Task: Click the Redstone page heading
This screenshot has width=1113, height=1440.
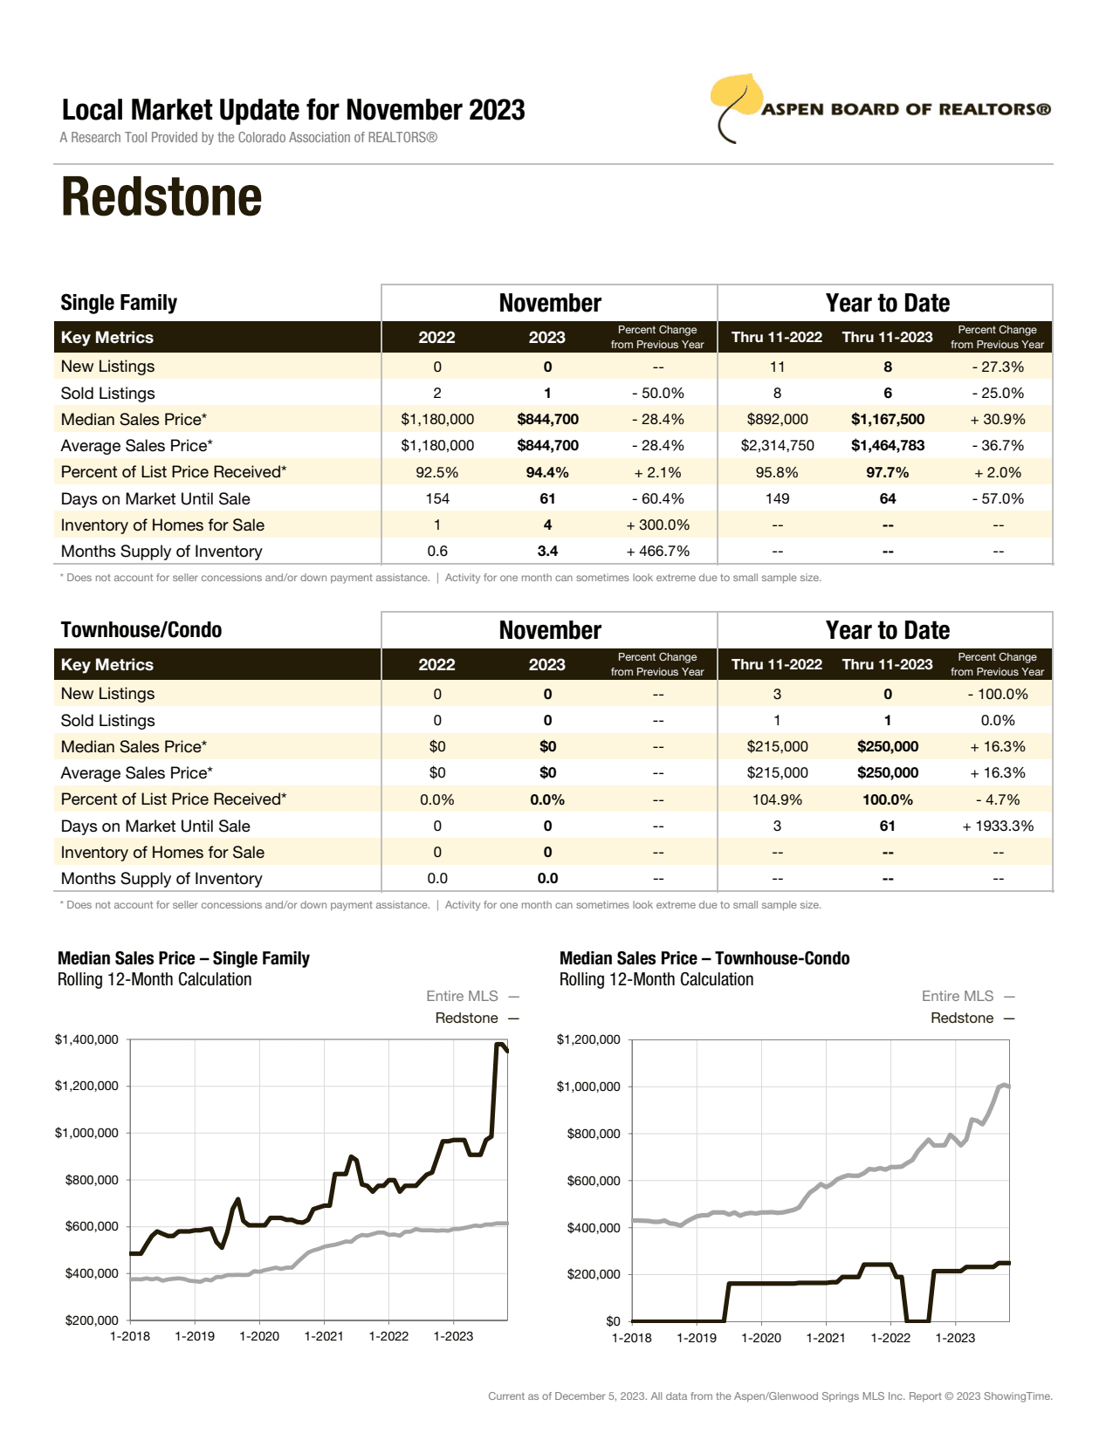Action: [161, 197]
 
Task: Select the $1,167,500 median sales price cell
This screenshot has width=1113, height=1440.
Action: [887, 420]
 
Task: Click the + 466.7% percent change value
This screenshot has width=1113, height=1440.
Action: [657, 552]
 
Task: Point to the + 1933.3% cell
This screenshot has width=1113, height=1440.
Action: [998, 826]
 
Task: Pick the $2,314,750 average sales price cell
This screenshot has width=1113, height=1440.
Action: [777, 446]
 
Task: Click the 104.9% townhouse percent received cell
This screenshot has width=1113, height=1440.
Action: [777, 800]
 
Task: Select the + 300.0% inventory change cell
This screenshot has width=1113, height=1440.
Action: [657, 525]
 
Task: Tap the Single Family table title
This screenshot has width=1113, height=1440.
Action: [119, 303]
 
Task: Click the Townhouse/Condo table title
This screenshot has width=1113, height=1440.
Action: [141, 630]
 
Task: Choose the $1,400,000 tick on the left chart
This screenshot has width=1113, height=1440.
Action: [86, 1039]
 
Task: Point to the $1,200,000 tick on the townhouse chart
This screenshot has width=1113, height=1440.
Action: [588, 1039]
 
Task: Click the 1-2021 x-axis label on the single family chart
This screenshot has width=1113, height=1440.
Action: [324, 1336]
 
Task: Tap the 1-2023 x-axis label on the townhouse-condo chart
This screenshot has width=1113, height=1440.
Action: [955, 1338]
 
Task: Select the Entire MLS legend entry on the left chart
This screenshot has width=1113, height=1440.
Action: [463, 997]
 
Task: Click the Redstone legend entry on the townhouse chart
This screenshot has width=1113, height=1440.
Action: [962, 1018]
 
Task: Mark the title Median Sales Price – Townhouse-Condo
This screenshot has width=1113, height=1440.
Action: [704, 958]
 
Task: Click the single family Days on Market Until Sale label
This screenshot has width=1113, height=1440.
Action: [155, 499]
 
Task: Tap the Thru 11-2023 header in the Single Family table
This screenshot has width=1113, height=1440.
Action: [887, 338]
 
